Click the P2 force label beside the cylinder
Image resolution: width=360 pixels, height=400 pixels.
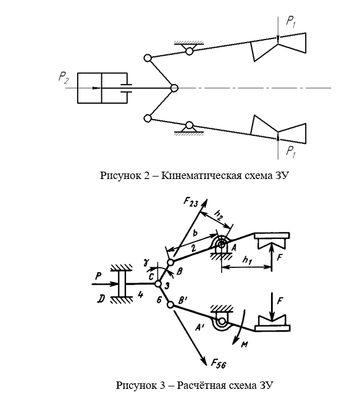point(64,78)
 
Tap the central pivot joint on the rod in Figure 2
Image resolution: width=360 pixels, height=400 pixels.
point(174,88)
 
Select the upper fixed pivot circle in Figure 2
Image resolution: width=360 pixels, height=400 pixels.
point(189,51)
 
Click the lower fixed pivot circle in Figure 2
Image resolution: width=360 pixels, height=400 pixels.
point(189,125)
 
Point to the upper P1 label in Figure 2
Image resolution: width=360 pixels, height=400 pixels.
point(291,22)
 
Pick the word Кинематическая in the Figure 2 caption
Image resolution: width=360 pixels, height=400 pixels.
point(201,176)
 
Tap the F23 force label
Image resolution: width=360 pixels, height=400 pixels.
point(191,203)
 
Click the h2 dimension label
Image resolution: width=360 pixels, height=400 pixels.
point(219,214)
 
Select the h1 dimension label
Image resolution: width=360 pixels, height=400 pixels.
point(247,260)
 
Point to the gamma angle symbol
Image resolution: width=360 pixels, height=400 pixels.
point(146,263)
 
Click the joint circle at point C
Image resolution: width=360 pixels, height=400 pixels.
point(158,284)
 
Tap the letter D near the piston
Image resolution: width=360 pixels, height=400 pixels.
point(101,299)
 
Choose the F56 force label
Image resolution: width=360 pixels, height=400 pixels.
point(219,364)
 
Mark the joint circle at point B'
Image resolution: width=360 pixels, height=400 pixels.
point(170,304)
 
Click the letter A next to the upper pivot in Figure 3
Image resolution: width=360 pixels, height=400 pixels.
point(233,247)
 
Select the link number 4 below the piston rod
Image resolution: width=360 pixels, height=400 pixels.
point(140,295)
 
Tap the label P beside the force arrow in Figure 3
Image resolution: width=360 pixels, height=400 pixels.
point(98,276)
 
